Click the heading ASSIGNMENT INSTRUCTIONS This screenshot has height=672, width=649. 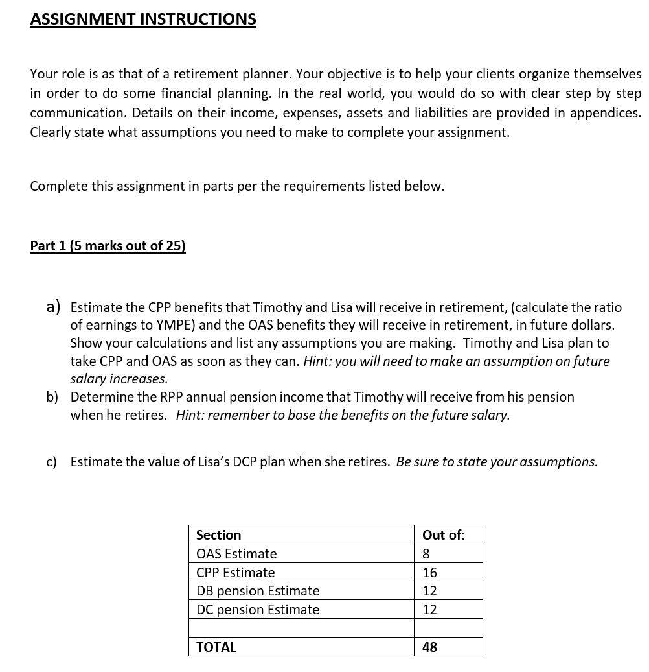(142, 19)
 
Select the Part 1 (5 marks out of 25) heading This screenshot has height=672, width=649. (108, 246)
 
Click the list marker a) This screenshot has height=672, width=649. (54, 306)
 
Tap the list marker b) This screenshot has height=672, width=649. (52, 396)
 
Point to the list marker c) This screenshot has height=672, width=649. (52, 462)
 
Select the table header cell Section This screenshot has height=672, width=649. (218, 535)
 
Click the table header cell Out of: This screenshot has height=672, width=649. (443, 535)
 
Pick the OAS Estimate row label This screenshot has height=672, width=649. (236, 554)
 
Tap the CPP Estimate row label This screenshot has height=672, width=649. (235, 573)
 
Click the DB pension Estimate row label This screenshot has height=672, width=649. (258, 591)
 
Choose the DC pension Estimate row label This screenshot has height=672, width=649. (258, 610)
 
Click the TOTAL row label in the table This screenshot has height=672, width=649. (216, 647)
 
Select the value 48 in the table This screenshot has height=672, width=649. (429, 647)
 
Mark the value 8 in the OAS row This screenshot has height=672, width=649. (426, 554)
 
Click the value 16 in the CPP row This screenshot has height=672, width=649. (429, 573)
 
